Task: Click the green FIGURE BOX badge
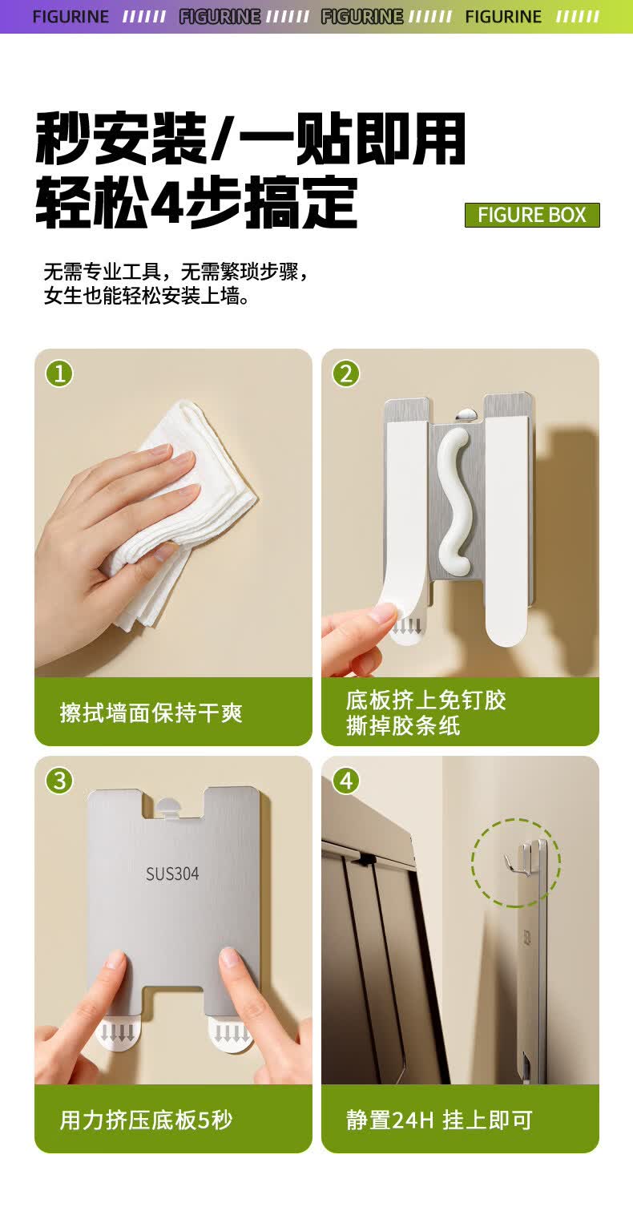pyautogui.click(x=532, y=215)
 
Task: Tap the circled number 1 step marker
pyautogui.click(x=59, y=373)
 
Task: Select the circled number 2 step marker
pyautogui.click(x=346, y=373)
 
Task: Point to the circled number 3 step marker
pyautogui.click(x=59, y=781)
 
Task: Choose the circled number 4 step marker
pyautogui.click(x=346, y=781)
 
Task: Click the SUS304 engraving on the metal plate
pyautogui.click(x=172, y=874)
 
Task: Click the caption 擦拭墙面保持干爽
pyautogui.click(x=151, y=712)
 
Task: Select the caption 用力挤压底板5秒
pyautogui.click(x=146, y=1120)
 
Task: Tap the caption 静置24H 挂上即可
pyautogui.click(x=439, y=1120)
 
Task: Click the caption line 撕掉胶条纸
pyautogui.click(x=403, y=725)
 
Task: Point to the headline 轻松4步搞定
pyautogui.click(x=197, y=203)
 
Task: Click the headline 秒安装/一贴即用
pyautogui.click(x=250, y=139)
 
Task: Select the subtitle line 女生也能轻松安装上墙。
pyautogui.click(x=147, y=296)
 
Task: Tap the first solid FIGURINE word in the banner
pyautogui.click(x=71, y=17)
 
